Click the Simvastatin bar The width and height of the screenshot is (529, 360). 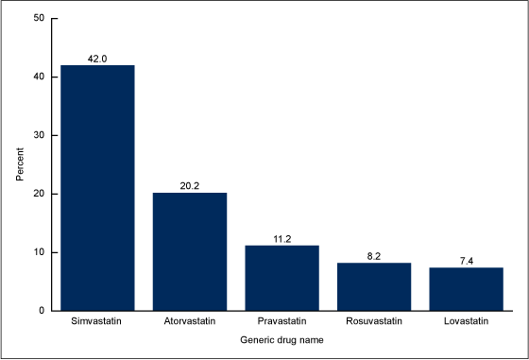pos(97,188)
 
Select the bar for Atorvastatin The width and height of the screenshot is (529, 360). pos(190,251)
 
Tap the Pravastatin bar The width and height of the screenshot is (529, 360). pos(282,278)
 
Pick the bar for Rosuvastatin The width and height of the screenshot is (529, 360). pos(374,286)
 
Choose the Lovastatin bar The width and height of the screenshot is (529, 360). pos(467,289)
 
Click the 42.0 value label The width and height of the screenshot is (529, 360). pos(97,58)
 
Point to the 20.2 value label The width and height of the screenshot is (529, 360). pos(190,185)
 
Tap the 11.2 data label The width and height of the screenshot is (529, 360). pos(282,238)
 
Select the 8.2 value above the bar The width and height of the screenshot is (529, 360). pos(374,255)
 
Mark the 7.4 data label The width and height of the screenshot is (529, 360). pos(467,260)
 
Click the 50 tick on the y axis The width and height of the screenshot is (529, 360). pos(38,18)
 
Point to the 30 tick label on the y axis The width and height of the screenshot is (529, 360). pos(38,135)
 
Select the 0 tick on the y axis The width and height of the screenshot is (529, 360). pos(41,311)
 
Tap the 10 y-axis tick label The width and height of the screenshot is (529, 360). pos(38,252)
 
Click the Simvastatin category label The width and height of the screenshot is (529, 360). pos(97,323)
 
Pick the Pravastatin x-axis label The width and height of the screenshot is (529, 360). pos(282,323)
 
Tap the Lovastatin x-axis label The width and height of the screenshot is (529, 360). pos(467,323)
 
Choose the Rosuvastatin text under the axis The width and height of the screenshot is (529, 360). pos(374,323)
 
